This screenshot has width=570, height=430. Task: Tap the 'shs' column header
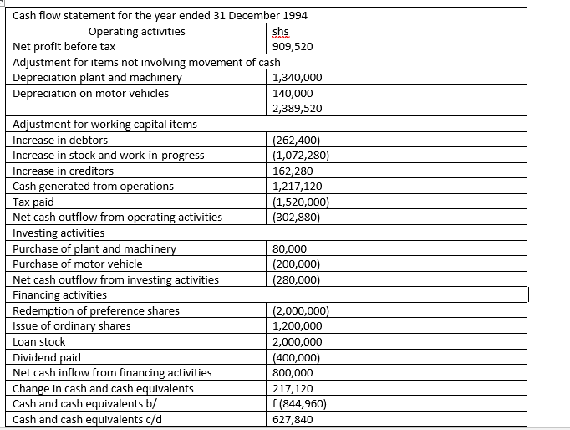pos(282,32)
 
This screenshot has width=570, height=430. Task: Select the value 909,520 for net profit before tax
pos(293,47)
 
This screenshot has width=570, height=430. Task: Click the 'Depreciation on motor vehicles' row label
pos(91,93)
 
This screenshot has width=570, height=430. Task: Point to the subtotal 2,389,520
pos(298,109)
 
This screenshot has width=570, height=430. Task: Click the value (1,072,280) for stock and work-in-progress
pos(301,155)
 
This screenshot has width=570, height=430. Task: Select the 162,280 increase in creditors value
pos(293,171)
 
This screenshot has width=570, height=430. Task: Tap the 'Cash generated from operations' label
pos(94,186)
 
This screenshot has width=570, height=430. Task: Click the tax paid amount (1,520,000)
pos(301,202)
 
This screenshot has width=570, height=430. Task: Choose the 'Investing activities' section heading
pos(59,233)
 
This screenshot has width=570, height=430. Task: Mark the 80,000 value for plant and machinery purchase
pos(290,248)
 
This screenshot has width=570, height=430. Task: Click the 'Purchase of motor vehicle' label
pos(78,264)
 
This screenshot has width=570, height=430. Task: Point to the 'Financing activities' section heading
pos(60,294)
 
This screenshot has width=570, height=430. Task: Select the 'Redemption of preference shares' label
pos(96,311)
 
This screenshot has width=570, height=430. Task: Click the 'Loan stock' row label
pos(39,342)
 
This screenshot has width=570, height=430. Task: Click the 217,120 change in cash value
pos(293,388)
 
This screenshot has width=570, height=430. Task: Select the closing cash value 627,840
pos(293,419)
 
